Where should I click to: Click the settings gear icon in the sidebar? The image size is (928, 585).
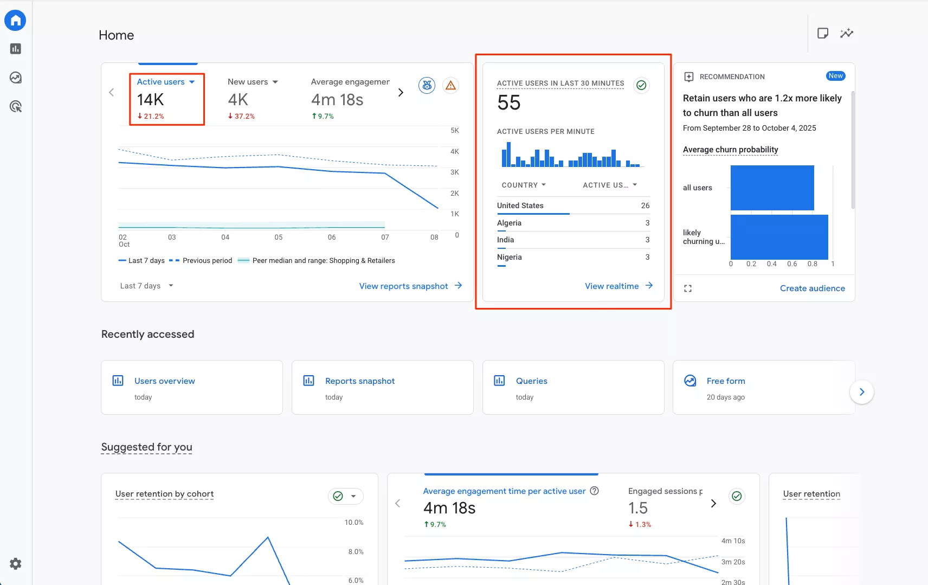15,563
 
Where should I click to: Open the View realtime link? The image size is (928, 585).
618,286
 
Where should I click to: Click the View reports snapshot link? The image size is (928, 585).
410,286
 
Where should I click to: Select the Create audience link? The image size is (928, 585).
812,288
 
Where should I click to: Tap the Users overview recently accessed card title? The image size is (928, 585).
164,381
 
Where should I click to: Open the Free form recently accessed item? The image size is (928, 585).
725,381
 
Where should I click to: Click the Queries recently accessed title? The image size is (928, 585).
531,381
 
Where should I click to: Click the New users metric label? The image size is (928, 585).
248,82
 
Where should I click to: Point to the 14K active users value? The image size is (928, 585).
150,99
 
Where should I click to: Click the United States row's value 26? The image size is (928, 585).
645,205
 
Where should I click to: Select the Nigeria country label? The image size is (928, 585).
509,257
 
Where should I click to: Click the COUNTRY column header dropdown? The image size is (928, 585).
524,185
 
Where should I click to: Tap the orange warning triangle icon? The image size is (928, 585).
450,85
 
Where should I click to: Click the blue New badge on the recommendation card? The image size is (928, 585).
835,76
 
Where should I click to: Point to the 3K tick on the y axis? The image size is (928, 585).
454,172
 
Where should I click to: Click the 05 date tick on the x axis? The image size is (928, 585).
279,237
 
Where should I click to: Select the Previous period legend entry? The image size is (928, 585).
201,261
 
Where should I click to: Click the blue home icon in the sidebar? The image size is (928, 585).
15,20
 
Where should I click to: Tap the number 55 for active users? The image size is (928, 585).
509,102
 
